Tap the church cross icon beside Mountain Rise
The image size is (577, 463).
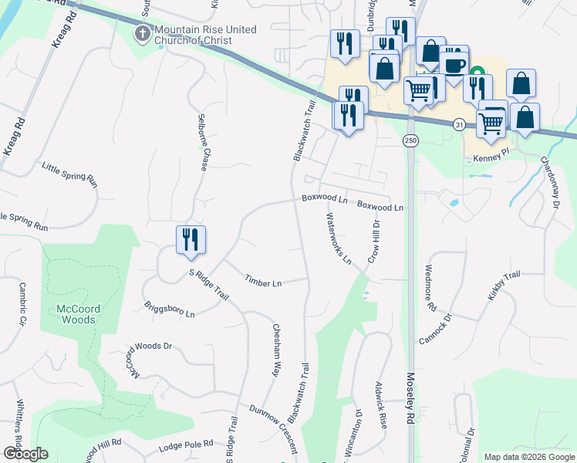coord(143,33)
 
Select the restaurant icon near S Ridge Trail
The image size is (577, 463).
coord(190,239)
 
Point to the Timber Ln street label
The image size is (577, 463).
coord(263,282)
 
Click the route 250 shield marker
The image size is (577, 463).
coord(410,140)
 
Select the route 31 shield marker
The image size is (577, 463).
coord(460,124)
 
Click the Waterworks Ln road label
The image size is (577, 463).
coord(339,238)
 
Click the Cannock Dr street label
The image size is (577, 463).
coord(434,329)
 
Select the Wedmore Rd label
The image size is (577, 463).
coord(429,289)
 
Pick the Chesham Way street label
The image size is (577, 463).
coord(275,350)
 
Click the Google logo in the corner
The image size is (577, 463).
coord(25,454)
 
